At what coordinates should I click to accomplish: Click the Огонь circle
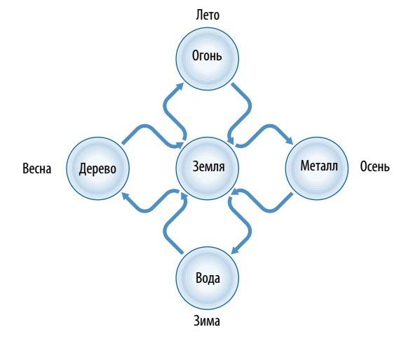tap(207, 59)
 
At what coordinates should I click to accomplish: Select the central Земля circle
tap(207, 168)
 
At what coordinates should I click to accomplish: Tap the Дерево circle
tap(97, 168)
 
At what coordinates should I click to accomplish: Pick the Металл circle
tap(317, 168)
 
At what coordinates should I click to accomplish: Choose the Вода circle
tap(207, 278)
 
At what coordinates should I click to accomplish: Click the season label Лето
tap(208, 15)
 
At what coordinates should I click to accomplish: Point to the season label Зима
tap(207, 321)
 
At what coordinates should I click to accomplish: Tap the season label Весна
tap(36, 168)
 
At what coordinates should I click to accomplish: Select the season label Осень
tap(374, 166)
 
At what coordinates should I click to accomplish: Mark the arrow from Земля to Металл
tap(270, 126)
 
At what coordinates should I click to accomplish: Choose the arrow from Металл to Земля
tap(270, 211)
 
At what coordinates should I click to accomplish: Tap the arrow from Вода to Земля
tap(165, 231)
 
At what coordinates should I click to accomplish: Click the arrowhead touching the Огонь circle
tap(180, 87)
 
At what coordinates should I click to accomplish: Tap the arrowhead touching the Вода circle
tap(235, 250)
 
